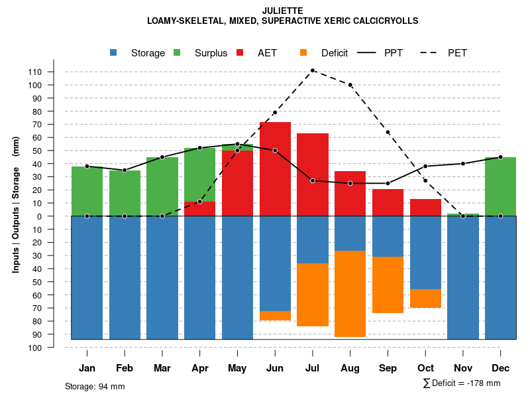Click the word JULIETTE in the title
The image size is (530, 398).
coord(283,11)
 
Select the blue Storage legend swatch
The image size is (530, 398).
coord(113,53)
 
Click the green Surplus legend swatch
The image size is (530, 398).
coord(177,53)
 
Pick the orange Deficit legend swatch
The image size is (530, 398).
coord(303,53)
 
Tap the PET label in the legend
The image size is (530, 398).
coord(457,53)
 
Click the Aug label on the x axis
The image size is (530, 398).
coord(350,368)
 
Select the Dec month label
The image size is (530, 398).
coord(500,368)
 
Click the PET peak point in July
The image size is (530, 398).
coord(312,70)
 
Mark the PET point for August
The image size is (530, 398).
coord(350,85)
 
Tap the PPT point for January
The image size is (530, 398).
coord(87,166)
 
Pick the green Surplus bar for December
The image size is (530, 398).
coord(500,186)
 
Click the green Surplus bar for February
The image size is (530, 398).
coord(125,193)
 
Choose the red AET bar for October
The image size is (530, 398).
coord(425,208)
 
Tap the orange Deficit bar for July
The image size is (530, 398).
coord(312,295)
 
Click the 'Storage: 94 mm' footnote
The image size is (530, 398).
coord(95,386)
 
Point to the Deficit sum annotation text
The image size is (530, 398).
coord(462,383)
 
